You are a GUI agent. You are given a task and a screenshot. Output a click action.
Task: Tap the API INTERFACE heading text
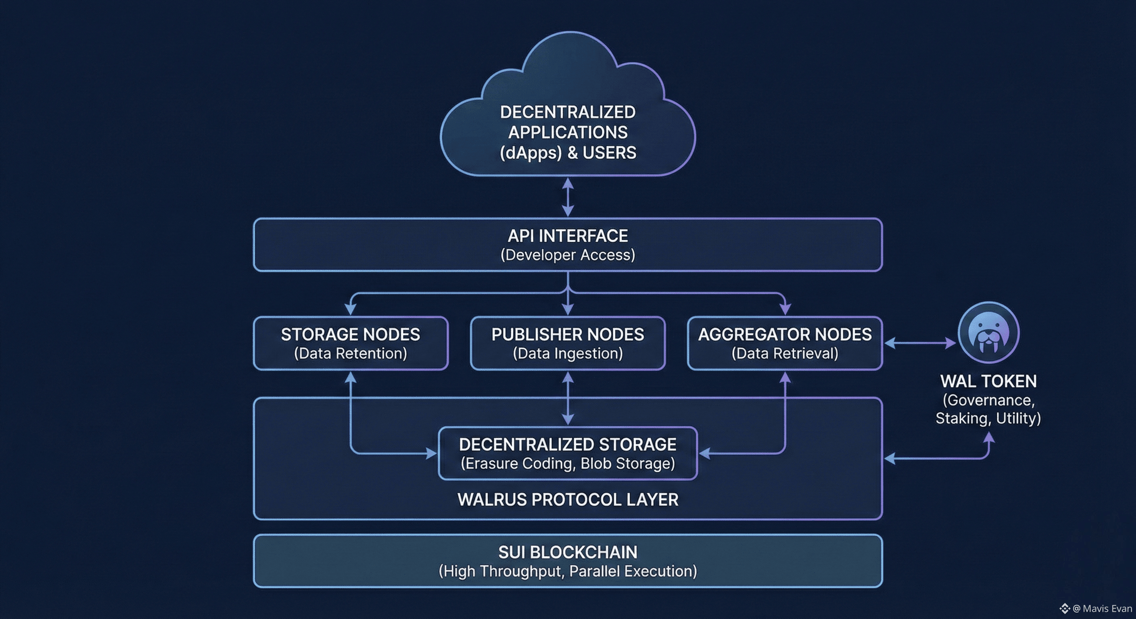pos(568,236)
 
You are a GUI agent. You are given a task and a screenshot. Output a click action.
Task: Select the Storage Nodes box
pos(351,343)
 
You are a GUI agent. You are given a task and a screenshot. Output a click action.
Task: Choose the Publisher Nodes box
pos(568,343)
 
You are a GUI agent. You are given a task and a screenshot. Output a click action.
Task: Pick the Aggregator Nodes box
pos(785,343)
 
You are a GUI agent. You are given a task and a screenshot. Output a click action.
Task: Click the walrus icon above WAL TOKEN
pos(988,332)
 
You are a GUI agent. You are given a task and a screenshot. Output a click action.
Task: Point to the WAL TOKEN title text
pos(988,382)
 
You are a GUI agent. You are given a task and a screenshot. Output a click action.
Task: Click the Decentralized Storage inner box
pos(568,453)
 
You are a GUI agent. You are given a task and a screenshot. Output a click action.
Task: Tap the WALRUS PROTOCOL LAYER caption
pos(568,500)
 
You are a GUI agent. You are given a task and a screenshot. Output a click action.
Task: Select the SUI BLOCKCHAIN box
pos(568,561)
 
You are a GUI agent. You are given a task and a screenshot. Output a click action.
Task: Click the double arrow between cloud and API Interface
pos(568,197)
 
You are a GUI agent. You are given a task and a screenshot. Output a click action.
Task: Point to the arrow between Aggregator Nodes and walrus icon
pos(920,343)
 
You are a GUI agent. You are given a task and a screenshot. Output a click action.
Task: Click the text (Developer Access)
pos(568,255)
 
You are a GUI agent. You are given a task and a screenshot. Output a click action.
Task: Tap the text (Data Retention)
pos(351,353)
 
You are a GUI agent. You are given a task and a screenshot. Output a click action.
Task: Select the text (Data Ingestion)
pos(568,353)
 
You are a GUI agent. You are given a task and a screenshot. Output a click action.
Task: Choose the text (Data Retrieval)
pos(785,353)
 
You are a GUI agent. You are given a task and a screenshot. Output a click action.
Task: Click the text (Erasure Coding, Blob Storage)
pos(568,463)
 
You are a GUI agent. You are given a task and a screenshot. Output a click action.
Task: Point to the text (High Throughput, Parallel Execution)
pos(568,571)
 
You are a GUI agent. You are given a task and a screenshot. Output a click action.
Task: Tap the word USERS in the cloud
pos(610,153)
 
